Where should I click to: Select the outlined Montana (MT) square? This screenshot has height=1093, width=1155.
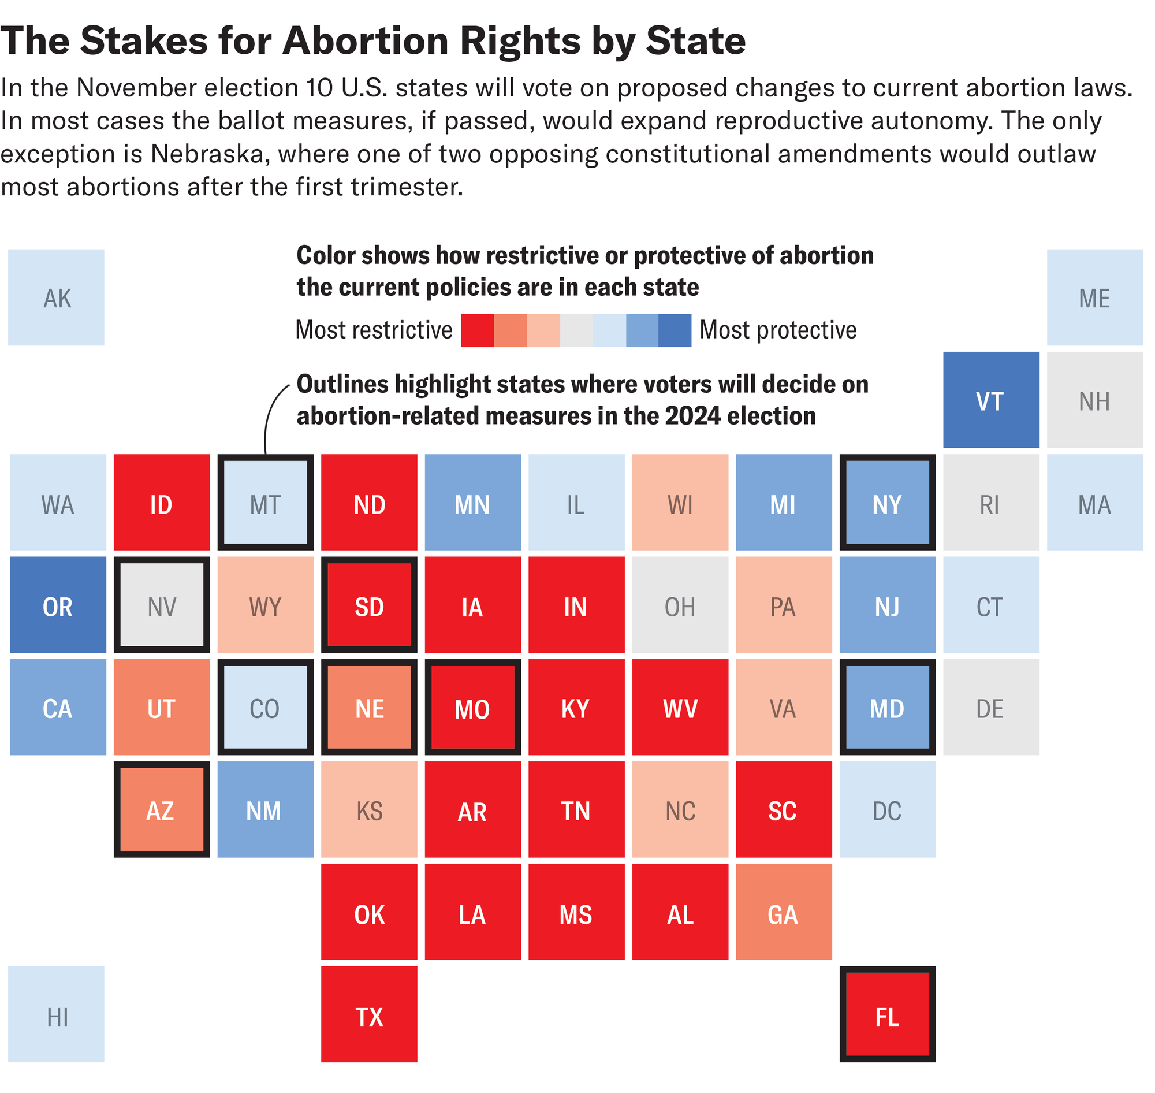click(x=265, y=502)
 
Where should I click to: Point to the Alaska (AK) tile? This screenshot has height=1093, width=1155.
click(x=57, y=298)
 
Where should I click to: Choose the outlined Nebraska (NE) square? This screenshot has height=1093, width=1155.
click(x=368, y=707)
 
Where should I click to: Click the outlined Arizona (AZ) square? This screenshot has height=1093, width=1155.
click(x=161, y=809)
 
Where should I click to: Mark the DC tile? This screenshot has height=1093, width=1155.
click(x=887, y=809)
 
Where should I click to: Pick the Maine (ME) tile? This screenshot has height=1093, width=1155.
click(x=1094, y=298)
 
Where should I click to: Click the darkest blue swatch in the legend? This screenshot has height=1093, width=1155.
click(x=675, y=330)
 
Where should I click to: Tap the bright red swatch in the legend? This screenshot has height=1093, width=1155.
click(x=477, y=330)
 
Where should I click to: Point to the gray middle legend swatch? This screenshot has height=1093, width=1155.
click(x=576, y=330)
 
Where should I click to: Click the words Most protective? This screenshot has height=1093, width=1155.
click(x=777, y=330)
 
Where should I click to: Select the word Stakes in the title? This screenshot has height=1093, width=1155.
click(x=143, y=41)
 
